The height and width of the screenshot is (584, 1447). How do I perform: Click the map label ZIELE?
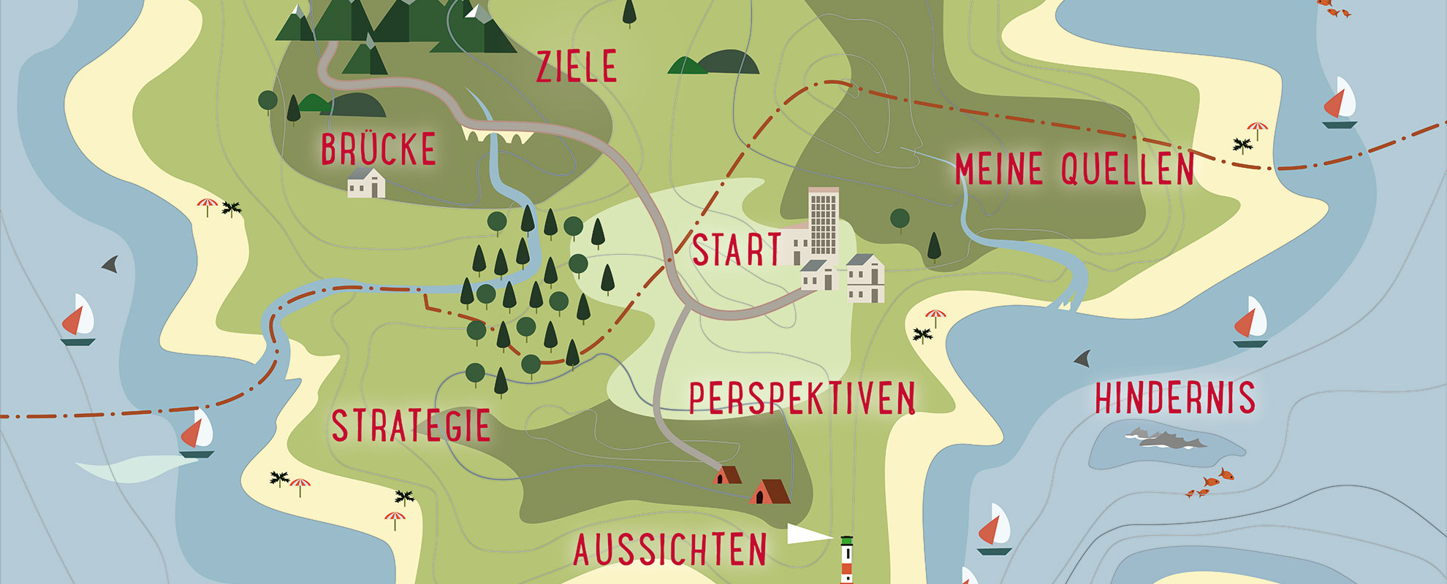coord(577,66)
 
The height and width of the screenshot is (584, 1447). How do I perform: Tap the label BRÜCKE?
coord(379,150)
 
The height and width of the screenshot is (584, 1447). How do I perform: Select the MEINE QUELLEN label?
coord(1074,169)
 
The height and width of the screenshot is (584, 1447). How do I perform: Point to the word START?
coord(737,250)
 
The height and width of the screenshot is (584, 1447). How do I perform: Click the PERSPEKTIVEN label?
coord(802,399)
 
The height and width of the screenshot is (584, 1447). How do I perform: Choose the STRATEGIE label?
coord(411,426)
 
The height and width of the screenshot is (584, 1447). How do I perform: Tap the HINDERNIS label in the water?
coord(1174,398)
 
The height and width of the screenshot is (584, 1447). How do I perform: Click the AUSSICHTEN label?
coord(670,550)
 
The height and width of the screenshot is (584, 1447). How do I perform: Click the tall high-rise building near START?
coord(824,223)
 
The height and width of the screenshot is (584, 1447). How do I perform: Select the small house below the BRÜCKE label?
coord(366,183)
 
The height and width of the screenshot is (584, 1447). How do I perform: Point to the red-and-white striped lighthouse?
coord(846,561)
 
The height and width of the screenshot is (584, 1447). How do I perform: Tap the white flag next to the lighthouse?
coord(808,534)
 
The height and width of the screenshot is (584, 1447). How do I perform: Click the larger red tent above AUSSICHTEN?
coord(769,492)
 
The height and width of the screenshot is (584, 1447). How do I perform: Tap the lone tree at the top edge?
coord(628,12)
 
